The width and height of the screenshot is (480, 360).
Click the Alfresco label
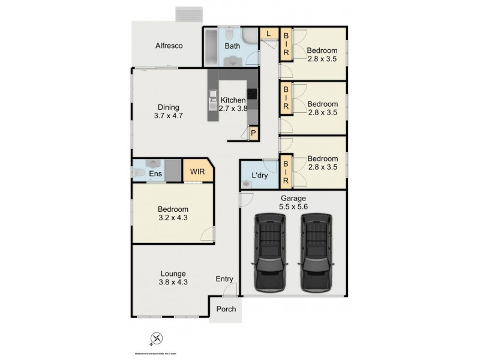[169, 46]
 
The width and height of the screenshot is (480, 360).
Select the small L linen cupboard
[268, 34]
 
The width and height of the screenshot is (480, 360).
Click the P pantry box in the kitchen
[254, 133]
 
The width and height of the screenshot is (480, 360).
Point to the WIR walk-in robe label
[197, 172]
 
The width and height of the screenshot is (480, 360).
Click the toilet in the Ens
[137, 172]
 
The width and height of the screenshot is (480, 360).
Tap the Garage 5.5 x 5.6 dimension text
[293, 203]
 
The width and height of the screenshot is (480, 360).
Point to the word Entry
[225, 279]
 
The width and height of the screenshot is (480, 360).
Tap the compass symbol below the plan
[157, 339]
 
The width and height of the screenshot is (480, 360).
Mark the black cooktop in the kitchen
[253, 93]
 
